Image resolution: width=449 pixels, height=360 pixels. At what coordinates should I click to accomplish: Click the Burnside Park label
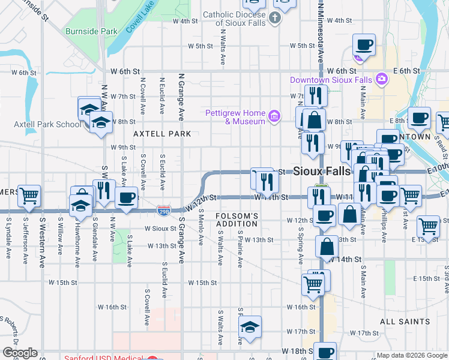[91, 31]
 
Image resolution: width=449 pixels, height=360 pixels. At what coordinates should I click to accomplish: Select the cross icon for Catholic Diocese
[274, 17]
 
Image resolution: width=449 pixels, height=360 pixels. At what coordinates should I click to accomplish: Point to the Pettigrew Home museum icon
[274, 116]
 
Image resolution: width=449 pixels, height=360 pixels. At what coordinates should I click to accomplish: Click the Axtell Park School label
[47, 124]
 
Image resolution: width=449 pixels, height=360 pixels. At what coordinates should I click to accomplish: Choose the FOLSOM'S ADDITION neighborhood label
[237, 220]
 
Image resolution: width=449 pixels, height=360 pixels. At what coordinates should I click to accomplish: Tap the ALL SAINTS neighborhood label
[405, 322]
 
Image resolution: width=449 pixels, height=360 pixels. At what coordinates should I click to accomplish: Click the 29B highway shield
[164, 211]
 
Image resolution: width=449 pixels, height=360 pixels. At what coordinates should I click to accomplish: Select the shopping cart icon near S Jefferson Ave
[29, 195]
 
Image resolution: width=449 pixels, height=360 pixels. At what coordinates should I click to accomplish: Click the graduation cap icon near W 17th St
[250, 326]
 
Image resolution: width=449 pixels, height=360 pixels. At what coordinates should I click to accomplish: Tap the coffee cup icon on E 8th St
[419, 118]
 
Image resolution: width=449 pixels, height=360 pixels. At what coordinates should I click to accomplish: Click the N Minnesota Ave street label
[321, 30]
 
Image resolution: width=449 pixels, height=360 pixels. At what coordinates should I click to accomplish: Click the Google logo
[20, 353]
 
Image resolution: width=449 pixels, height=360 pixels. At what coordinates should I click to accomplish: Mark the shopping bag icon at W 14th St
[326, 246]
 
